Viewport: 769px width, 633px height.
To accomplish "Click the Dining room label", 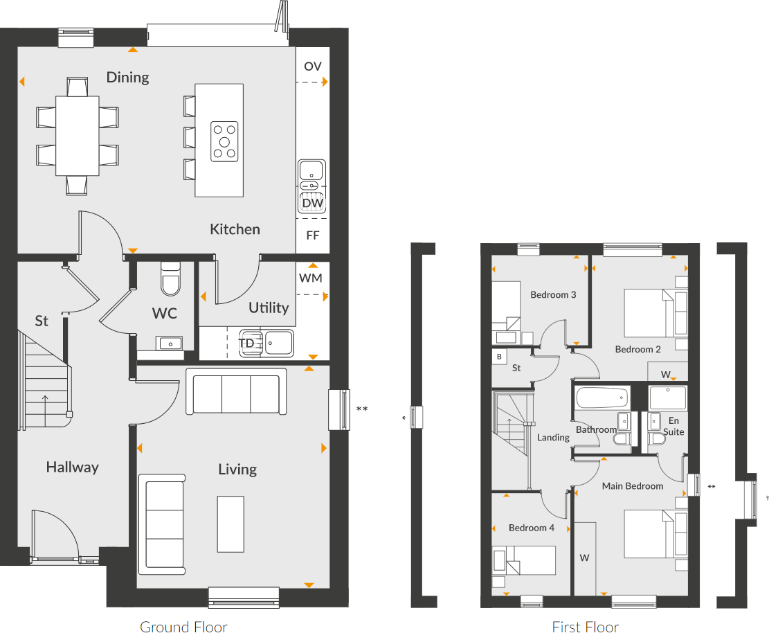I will [x=127, y=77].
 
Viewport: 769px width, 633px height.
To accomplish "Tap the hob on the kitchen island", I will [x=224, y=141].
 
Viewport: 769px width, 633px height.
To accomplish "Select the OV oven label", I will [x=313, y=66].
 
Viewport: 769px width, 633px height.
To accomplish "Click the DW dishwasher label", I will [x=313, y=203].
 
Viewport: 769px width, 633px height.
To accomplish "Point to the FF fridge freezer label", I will [x=313, y=235].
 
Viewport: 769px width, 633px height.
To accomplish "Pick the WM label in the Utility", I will [x=311, y=278].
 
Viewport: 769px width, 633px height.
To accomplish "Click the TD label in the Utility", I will [x=246, y=343].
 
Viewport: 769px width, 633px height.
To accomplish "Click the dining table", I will [x=78, y=135].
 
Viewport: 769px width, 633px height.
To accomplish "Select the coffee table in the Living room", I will [x=230, y=524].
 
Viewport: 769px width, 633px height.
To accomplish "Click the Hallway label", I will [x=72, y=467].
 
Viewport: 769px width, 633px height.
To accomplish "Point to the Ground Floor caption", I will [x=183, y=627].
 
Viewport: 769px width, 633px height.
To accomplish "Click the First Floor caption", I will [x=585, y=627].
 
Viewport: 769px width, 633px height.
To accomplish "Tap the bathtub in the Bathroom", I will [x=602, y=398].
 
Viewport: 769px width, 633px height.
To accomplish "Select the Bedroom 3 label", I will [x=553, y=295].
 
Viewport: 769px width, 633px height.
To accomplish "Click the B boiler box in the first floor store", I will [x=498, y=357].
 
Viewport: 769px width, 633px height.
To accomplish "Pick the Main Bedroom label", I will [x=632, y=486].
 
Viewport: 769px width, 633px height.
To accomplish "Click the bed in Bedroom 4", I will [x=525, y=560].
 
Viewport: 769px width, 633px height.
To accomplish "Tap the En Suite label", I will [x=673, y=426].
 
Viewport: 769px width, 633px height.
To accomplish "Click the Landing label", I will [x=553, y=438].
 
